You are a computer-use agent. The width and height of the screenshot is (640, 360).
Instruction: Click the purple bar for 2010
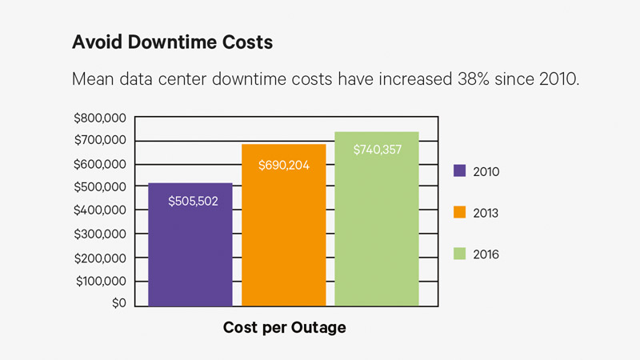pos(190,244)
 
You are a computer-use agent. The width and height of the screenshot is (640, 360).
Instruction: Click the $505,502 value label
pos(193,202)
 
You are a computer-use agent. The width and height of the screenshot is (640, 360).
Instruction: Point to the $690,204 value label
pos(283,166)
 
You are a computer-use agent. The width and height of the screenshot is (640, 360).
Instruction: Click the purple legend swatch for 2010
pos(459,170)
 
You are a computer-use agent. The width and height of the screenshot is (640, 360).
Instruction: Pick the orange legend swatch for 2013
pos(459,212)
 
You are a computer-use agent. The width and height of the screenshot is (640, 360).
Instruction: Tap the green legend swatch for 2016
pos(459,254)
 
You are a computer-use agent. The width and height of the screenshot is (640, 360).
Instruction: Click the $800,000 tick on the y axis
pos(99,118)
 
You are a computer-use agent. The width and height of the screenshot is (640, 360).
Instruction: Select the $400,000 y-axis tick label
pos(99,211)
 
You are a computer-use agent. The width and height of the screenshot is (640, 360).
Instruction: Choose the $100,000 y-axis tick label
pos(99,282)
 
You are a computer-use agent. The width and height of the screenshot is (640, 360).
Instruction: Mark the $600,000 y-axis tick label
pos(99,165)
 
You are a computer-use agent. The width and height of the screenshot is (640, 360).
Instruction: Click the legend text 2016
pos(487,254)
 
